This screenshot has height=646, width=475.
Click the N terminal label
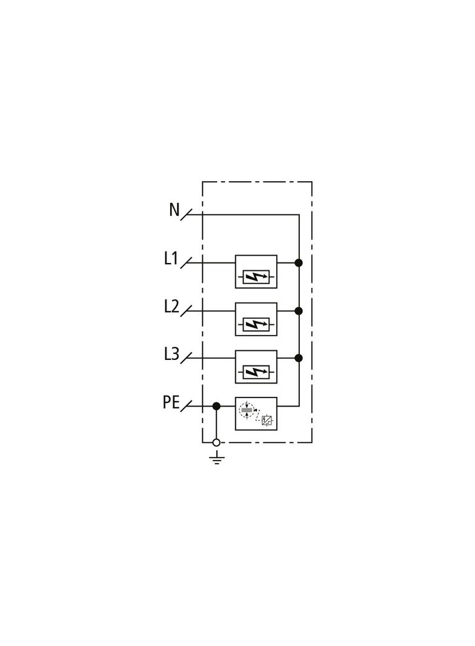coord(174,210)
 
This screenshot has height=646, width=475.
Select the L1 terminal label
coord(171,258)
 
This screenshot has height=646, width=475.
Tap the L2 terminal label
coord(171,307)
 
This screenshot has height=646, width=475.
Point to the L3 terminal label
coord(171,354)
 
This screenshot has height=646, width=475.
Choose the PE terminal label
coord(171,402)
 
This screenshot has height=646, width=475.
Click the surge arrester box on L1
coord(256,271)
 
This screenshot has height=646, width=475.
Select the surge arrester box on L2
coord(256,319)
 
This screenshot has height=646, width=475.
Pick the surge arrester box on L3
coord(256,367)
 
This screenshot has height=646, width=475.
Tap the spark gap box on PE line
coord(256,414)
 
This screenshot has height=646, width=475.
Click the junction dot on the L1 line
coord(299,263)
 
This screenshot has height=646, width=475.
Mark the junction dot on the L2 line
coord(299,311)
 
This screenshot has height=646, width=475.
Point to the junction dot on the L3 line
coord(299,358)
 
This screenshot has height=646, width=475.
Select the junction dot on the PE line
coord(216,406)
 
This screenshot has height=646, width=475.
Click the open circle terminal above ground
coord(216,442)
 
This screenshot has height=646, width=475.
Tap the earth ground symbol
coord(217,458)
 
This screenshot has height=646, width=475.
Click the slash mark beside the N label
coord(186,215)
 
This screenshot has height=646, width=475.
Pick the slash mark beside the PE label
coord(186,406)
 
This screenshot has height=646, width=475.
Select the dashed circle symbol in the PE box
coord(247,410)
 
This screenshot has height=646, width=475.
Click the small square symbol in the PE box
coord(267,421)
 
